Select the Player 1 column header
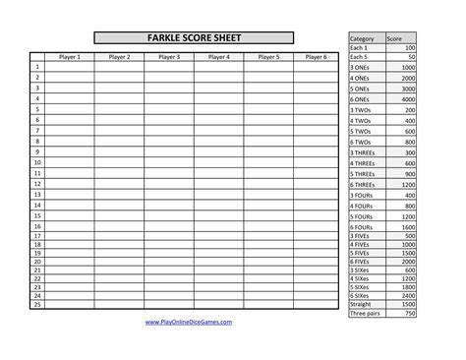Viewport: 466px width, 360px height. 68,57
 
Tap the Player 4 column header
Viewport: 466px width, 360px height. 219,57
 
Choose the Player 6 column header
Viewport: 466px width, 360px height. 316,57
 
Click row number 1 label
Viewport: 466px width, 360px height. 36,67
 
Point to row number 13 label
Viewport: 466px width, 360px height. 36,195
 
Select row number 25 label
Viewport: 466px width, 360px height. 36,303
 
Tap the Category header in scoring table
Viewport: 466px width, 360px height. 361,38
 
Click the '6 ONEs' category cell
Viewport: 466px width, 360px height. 361,99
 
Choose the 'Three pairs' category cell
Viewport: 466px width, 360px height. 364,312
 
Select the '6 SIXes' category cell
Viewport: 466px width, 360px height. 361,294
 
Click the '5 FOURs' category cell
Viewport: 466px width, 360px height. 362,216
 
